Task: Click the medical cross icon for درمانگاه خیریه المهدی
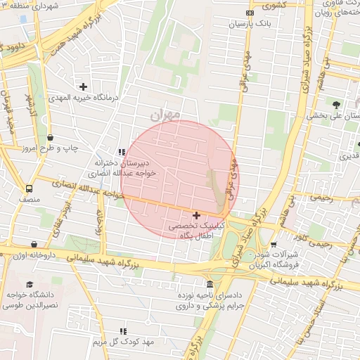click(84, 87)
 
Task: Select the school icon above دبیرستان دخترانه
click(122, 151)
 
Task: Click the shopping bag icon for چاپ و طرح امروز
click(50, 138)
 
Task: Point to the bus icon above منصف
click(29, 188)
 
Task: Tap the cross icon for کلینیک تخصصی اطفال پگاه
click(195, 214)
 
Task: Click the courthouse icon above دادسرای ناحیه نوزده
click(210, 285)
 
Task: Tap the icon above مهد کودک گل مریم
click(123, 330)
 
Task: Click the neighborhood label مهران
click(166, 112)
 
